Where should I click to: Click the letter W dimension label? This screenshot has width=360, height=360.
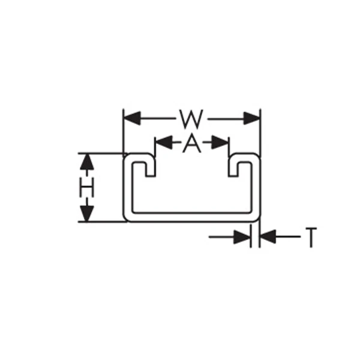point(191,119)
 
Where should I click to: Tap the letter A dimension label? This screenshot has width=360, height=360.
point(192,143)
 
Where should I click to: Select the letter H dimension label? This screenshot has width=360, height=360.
point(87,187)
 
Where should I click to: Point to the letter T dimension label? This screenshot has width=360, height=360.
point(311,238)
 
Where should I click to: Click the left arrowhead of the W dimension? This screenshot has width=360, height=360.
point(132,118)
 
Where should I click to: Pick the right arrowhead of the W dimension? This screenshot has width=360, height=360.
point(251,118)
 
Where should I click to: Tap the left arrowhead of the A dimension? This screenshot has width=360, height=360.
point(164,142)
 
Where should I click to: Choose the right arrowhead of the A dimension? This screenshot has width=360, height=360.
point(220,142)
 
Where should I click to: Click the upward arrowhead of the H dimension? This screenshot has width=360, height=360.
point(87,161)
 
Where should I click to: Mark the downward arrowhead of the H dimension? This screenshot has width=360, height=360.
point(87,214)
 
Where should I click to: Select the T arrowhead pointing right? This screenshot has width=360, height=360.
point(242,237)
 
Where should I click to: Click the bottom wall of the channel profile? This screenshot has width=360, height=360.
point(191,217)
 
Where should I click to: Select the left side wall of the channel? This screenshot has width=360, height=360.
point(128,187)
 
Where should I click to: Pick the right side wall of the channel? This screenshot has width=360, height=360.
point(256,187)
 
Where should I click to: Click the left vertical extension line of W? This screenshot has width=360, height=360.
point(123,133)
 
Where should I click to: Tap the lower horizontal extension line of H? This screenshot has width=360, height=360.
point(103,222)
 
